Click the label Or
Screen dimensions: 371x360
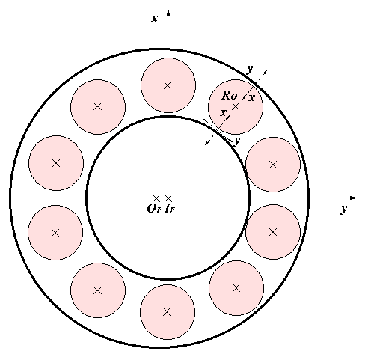pos(155,208)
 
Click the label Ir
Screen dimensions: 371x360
pos(170,208)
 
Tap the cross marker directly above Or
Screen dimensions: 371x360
pos(156,198)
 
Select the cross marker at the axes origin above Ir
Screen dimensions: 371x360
pos(168,198)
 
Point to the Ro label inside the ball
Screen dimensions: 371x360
pos(230,96)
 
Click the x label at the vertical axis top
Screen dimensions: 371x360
pos(155,18)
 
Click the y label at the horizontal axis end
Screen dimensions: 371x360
pos(344,208)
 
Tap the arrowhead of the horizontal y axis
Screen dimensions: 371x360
pos(354,198)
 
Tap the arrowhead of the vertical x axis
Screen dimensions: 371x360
pos(168,13)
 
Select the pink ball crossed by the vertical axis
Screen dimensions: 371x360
pos(168,85)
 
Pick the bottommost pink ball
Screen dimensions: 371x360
pos(168,312)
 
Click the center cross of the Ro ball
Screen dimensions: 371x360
pos(236,106)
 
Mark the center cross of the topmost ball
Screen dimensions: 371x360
pos(168,85)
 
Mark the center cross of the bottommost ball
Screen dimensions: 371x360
pos(167,312)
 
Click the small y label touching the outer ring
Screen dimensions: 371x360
pos(250,69)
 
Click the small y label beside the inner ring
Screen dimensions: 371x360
pos(237,141)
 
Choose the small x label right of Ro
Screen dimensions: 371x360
pos(252,97)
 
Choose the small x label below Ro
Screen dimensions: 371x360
pos(224,113)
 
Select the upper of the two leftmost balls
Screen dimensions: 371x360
pos(56,163)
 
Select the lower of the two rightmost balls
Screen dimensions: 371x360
pos(273,232)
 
